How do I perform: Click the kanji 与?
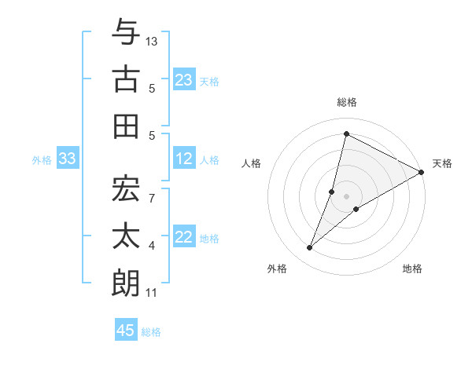(126, 32)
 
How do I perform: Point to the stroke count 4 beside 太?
(152, 247)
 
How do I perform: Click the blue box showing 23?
(184, 80)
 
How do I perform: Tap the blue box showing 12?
(184, 159)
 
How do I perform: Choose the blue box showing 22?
(184, 238)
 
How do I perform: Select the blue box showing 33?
(67, 159)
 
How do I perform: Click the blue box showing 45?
(126, 331)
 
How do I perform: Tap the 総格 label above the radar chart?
(346, 102)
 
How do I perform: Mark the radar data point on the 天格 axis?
(421, 173)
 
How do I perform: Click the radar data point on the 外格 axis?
(310, 248)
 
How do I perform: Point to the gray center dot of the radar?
(346, 196)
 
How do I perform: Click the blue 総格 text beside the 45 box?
(151, 331)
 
